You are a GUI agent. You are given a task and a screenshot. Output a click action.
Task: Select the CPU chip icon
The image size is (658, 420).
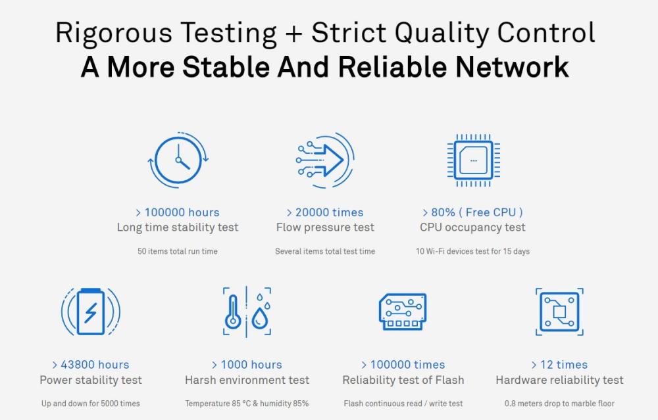pos(473,160)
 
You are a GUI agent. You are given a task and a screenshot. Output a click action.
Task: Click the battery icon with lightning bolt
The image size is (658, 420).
pos(91,312)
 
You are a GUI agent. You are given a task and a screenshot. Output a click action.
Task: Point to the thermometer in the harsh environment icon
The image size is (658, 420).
pos(233,312)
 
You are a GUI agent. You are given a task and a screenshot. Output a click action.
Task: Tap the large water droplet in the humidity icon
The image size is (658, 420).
pos(260,319)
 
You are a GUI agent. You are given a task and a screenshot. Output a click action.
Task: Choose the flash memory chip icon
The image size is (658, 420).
pos(403,312)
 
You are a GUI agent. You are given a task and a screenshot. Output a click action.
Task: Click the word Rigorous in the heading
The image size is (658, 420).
pos(114,33)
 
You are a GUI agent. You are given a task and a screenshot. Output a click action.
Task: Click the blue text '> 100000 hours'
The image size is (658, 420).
pos(178,212)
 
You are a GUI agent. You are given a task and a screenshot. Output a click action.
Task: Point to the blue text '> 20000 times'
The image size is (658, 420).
pos(325,212)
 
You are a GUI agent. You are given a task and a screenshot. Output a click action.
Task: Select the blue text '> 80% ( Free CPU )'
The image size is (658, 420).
pos(472,212)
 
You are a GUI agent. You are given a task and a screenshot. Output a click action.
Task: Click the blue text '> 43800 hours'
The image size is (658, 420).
pos(91,365)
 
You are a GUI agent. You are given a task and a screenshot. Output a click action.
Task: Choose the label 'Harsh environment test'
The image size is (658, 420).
pos(247,380)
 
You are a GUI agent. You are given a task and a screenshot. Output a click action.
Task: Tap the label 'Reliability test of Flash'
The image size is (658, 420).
pos(403,380)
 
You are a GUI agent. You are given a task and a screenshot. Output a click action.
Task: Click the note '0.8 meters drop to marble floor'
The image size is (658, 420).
pos(559,404)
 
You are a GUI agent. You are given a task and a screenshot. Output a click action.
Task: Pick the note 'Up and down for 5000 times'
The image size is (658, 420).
pos(91,404)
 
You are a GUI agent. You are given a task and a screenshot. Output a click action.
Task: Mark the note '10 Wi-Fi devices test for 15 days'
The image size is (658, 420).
pos(472,252)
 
